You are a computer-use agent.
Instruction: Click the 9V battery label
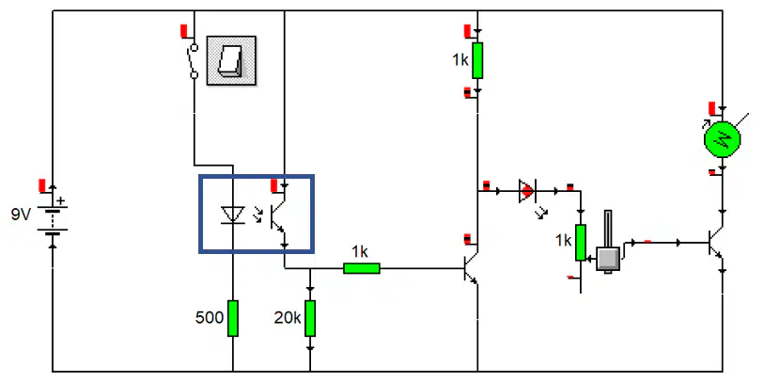pos(21,215)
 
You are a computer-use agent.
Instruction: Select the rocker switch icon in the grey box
pos(231,60)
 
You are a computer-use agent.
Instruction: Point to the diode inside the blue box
pos(232,215)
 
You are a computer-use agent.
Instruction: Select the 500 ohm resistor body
pos(233,318)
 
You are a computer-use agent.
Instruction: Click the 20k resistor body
pos(310,318)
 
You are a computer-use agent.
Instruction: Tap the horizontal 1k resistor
pos(362,268)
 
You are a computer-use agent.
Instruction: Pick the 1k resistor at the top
pos(477,60)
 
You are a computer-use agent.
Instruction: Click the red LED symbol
pos(527,191)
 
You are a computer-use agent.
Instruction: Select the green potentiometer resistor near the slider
pos(581,243)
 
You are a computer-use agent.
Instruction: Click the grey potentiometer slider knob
pos(608,259)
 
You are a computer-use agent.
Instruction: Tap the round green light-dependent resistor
pos(723,139)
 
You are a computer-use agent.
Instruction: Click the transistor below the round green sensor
pos(715,243)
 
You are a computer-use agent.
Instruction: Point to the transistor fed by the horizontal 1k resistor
pos(471,268)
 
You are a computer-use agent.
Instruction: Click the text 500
pos(210,318)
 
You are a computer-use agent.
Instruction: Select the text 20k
pos(288,318)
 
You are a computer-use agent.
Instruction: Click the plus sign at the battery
pos(60,200)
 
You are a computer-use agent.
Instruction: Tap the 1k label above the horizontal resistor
pos(360,252)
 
